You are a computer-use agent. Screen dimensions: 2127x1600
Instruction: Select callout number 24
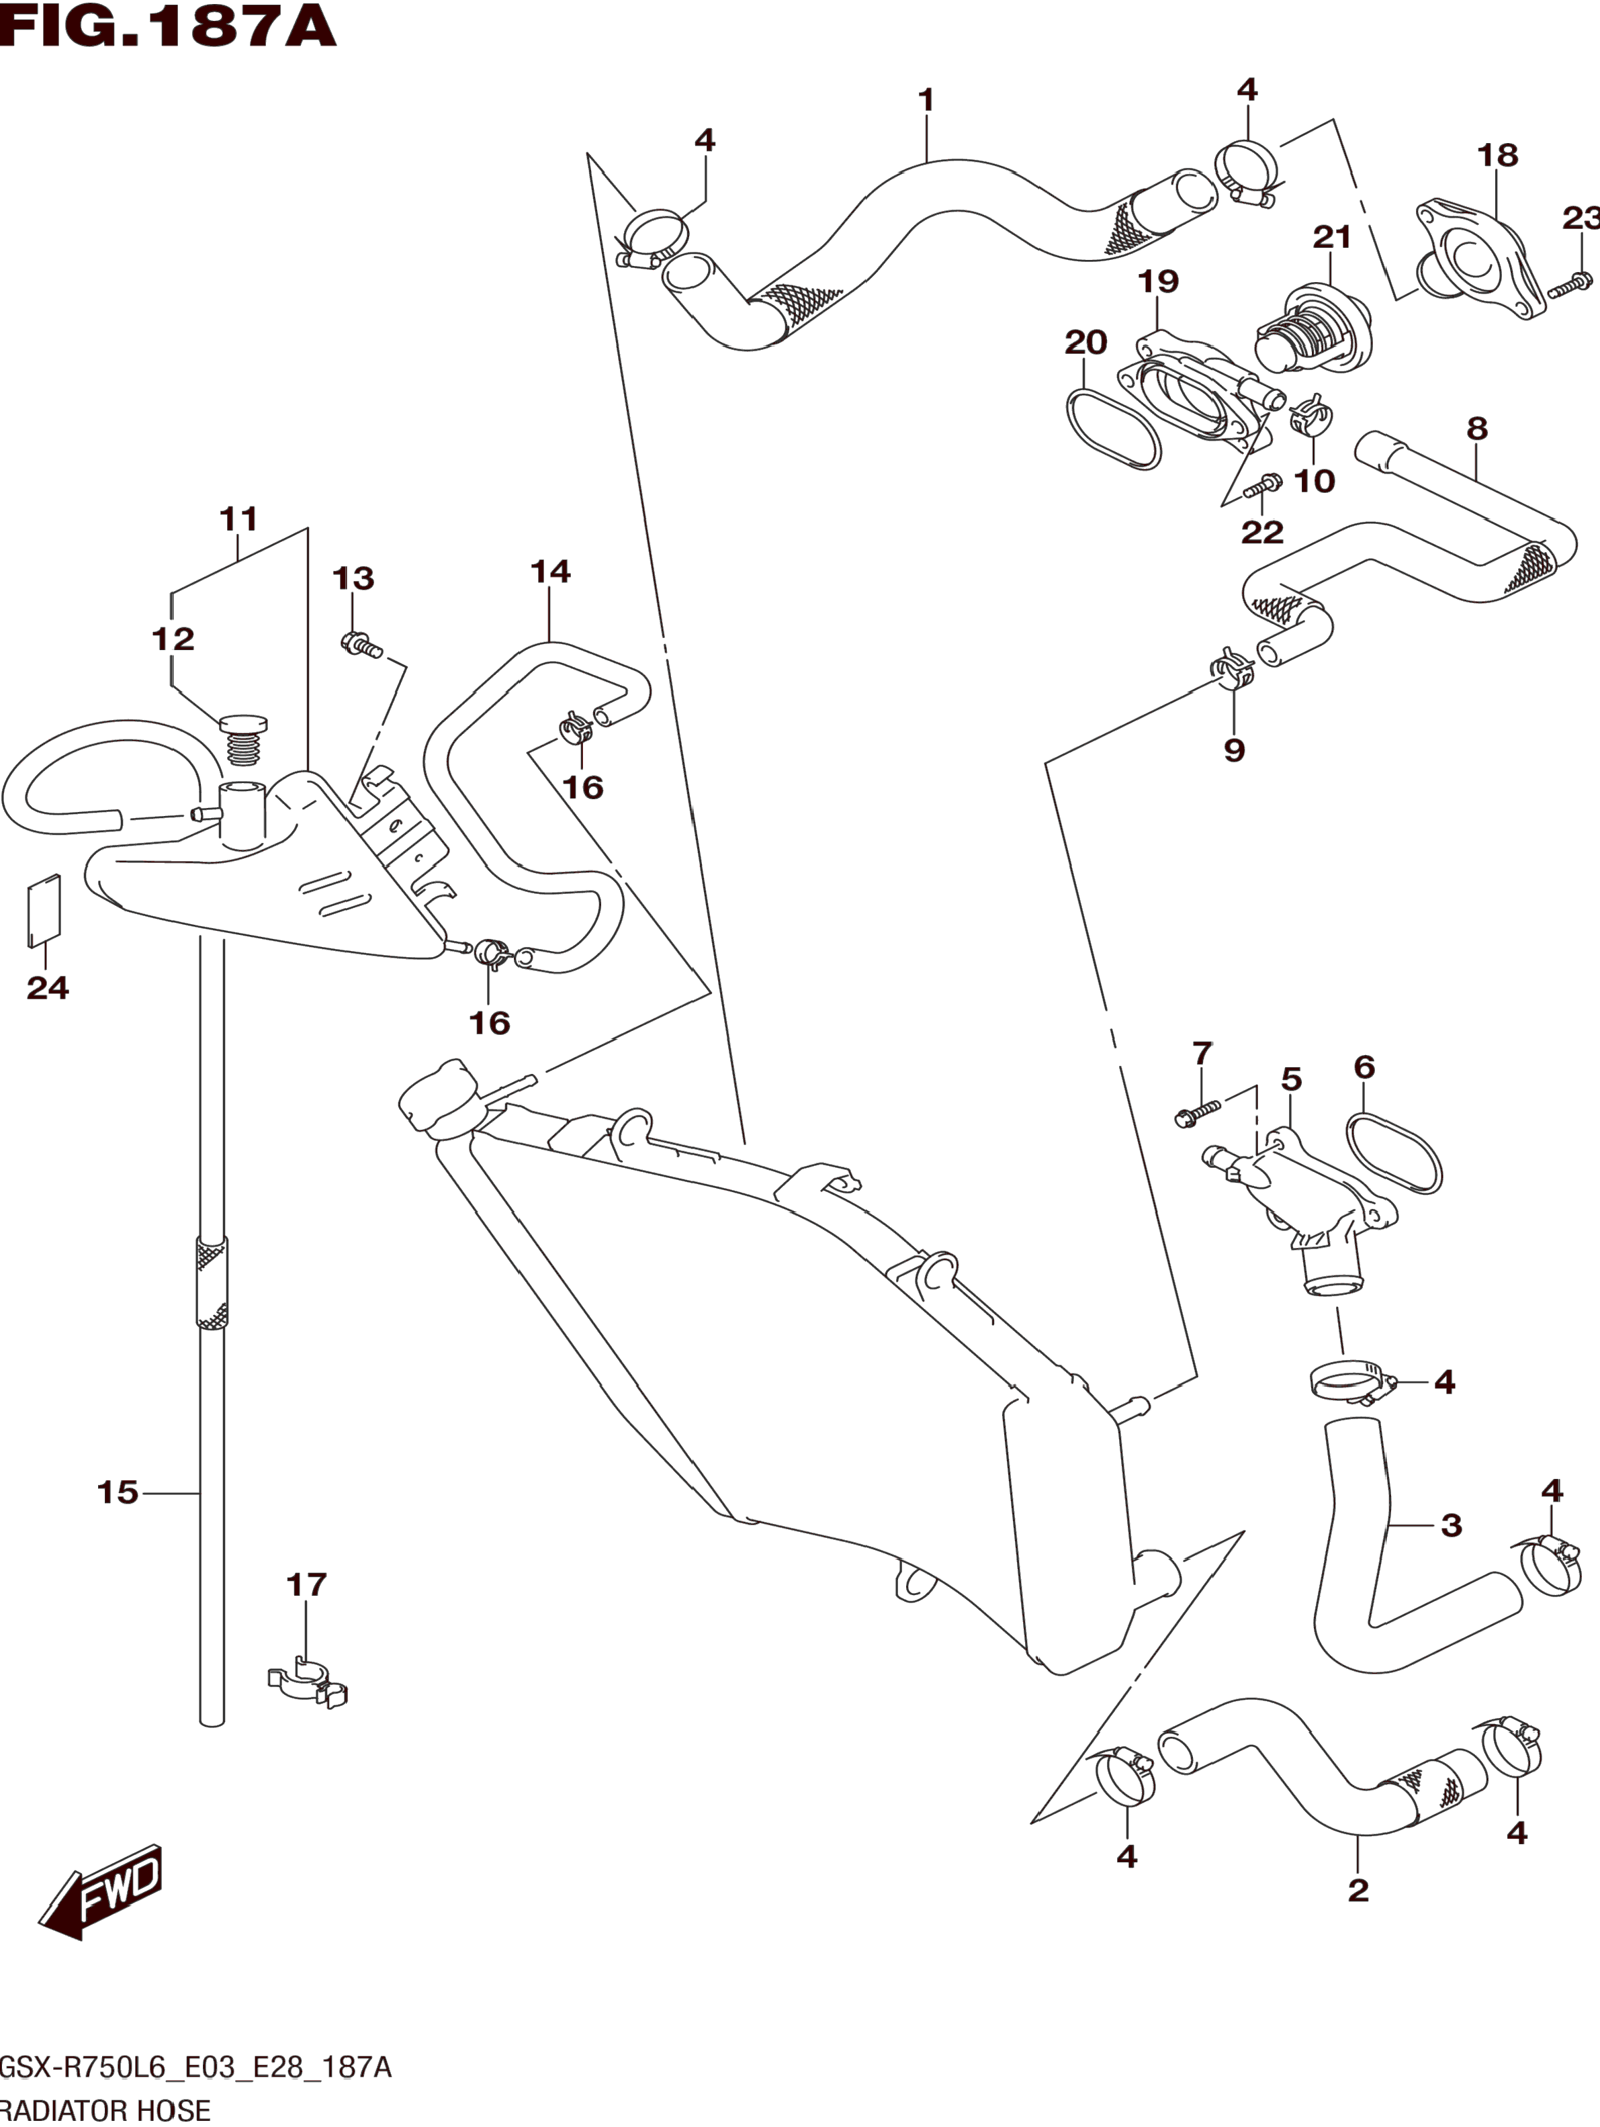[47, 987]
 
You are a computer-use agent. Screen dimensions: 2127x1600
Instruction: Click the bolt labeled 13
[361, 645]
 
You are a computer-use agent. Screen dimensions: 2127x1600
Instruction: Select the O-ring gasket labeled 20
[1114, 429]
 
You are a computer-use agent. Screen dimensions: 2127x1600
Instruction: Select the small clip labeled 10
[1310, 416]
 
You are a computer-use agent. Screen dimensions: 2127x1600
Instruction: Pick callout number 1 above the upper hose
[926, 100]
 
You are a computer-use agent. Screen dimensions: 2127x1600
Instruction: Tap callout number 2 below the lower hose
[1358, 1889]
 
